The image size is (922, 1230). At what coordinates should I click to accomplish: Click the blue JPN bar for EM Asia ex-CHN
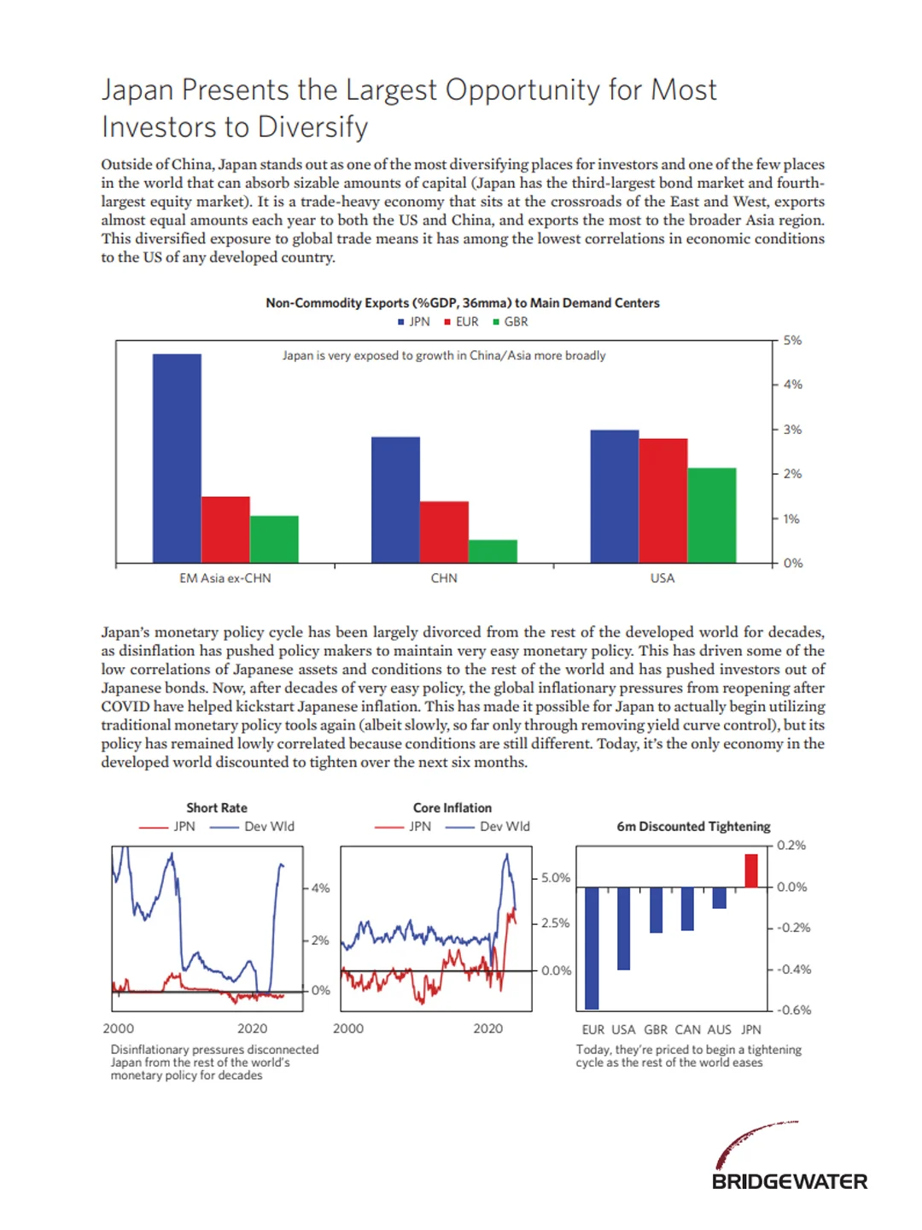pos(177,458)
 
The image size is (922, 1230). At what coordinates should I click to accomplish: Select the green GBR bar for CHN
pos(493,551)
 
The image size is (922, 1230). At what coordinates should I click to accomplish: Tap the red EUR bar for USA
pos(662,501)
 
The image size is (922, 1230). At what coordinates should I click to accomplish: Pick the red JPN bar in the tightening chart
pos(751,870)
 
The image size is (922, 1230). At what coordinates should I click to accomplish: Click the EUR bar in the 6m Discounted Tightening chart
pos(592,948)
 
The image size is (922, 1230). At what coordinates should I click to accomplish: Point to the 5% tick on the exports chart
pos(792,340)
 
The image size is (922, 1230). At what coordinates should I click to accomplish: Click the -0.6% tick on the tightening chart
pos(794,1010)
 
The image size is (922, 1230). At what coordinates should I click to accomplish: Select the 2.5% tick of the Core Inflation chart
pos(556,923)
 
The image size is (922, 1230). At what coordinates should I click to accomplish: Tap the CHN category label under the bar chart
pos(444,578)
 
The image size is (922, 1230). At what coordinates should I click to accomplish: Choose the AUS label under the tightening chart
pos(719,1030)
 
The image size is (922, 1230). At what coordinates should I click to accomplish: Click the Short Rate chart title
pos(217,808)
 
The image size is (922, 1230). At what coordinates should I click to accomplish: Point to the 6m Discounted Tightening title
pos(693,827)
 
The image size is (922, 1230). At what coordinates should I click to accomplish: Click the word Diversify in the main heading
pos(312,127)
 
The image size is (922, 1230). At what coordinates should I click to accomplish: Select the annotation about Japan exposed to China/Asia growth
pos(444,355)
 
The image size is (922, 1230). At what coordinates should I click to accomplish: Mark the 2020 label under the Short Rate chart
pos(252,1028)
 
